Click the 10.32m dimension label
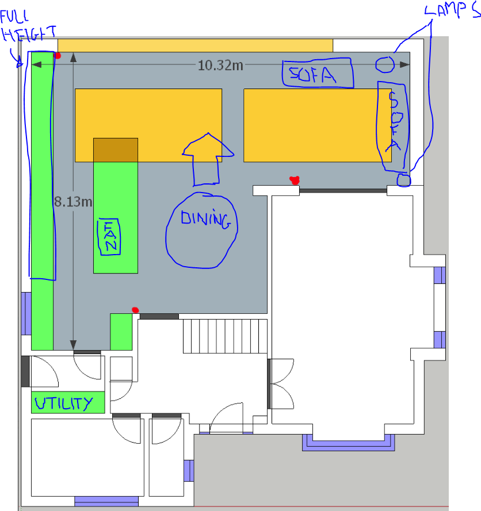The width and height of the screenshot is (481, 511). click(x=220, y=65)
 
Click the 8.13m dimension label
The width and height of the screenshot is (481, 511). click(x=73, y=202)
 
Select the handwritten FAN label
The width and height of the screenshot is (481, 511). click(x=109, y=237)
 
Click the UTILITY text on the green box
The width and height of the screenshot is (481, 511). click(x=63, y=403)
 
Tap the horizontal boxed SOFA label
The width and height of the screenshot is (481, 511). click(x=316, y=74)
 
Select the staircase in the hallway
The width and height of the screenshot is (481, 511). click(x=226, y=336)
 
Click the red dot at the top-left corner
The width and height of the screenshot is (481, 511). click(x=58, y=56)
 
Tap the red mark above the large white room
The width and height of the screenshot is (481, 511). click(x=295, y=180)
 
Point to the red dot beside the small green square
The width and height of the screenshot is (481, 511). click(x=135, y=310)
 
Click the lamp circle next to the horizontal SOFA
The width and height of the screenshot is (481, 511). click(x=385, y=65)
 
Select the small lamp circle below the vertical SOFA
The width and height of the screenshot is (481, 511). click(x=404, y=180)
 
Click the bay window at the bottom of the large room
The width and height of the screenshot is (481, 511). click(x=349, y=443)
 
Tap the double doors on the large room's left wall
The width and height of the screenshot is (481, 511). click(x=279, y=384)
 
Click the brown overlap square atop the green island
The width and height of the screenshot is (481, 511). click(x=116, y=149)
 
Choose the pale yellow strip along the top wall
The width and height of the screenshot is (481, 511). click(x=196, y=45)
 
